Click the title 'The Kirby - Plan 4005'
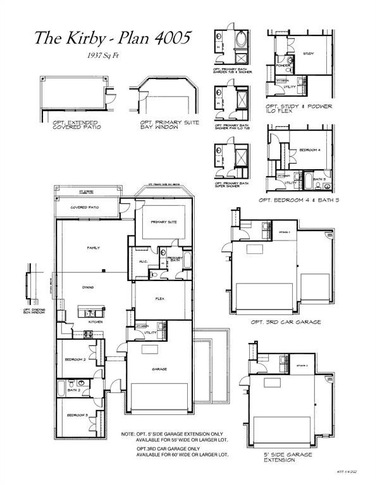pyautogui.click(x=112, y=39)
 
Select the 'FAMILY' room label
pyautogui.click(x=93, y=248)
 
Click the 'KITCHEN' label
pyautogui.click(x=95, y=321)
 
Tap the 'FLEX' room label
pyautogui.click(x=161, y=299)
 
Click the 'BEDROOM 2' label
pyautogui.click(x=75, y=359)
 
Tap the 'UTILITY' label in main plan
pyautogui.click(x=151, y=332)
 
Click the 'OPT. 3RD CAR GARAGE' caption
pyautogui.click(x=285, y=321)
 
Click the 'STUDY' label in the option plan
pyautogui.click(x=308, y=54)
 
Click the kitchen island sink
pyautogui.click(x=90, y=312)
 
